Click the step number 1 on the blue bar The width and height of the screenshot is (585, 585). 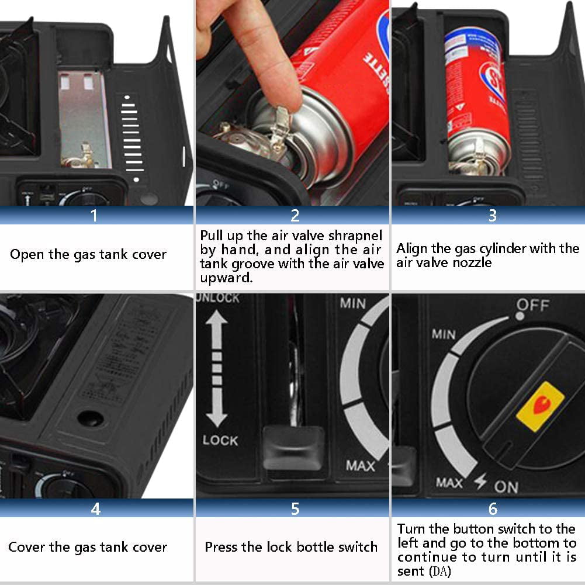tap(95, 215)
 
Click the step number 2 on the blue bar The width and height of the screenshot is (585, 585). tap(295, 215)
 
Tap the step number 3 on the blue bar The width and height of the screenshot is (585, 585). tap(492, 215)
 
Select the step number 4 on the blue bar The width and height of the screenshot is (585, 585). tap(95, 509)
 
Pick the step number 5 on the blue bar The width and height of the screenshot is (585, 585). tap(295, 509)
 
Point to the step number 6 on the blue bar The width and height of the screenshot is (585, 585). tap(492, 509)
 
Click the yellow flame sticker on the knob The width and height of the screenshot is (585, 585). tap(540, 406)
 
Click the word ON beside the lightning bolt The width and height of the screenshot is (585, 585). tap(506, 486)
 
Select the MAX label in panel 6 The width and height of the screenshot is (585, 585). tap(449, 483)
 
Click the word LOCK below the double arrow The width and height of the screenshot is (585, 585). tap(220, 439)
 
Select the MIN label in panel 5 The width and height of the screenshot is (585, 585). tap(353, 303)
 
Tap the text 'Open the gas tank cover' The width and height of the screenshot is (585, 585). tap(88, 254)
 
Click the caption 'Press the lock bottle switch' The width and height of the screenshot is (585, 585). tap(291, 547)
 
